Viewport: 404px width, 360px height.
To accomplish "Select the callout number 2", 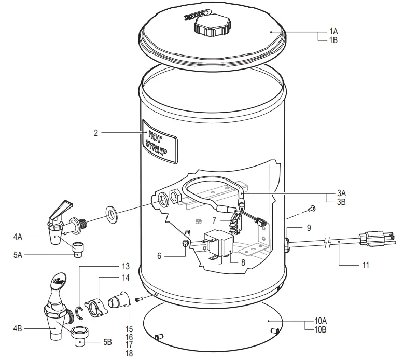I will coord(96,133).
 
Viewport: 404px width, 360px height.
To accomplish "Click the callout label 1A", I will coord(333,31).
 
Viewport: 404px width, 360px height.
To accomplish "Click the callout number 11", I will coord(366,266).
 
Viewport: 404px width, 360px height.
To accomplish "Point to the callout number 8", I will coord(243,262).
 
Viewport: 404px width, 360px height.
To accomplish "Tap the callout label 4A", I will coord(19,238).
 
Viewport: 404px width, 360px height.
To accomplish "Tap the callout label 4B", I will coord(19,328).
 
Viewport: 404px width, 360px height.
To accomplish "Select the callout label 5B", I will coord(107,342).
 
